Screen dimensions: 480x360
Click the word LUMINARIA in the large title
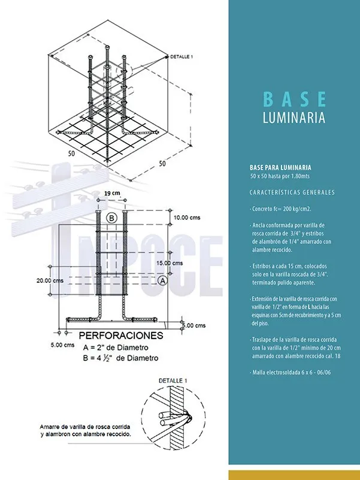point(294,117)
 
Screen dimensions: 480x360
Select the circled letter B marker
point(111,218)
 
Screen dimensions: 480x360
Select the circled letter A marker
point(162,280)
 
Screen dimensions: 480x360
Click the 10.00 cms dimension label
point(187,218)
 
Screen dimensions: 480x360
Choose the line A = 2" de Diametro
point(116,348)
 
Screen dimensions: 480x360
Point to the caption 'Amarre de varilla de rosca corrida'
point(84,425)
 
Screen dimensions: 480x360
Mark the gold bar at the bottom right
point(294,474)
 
